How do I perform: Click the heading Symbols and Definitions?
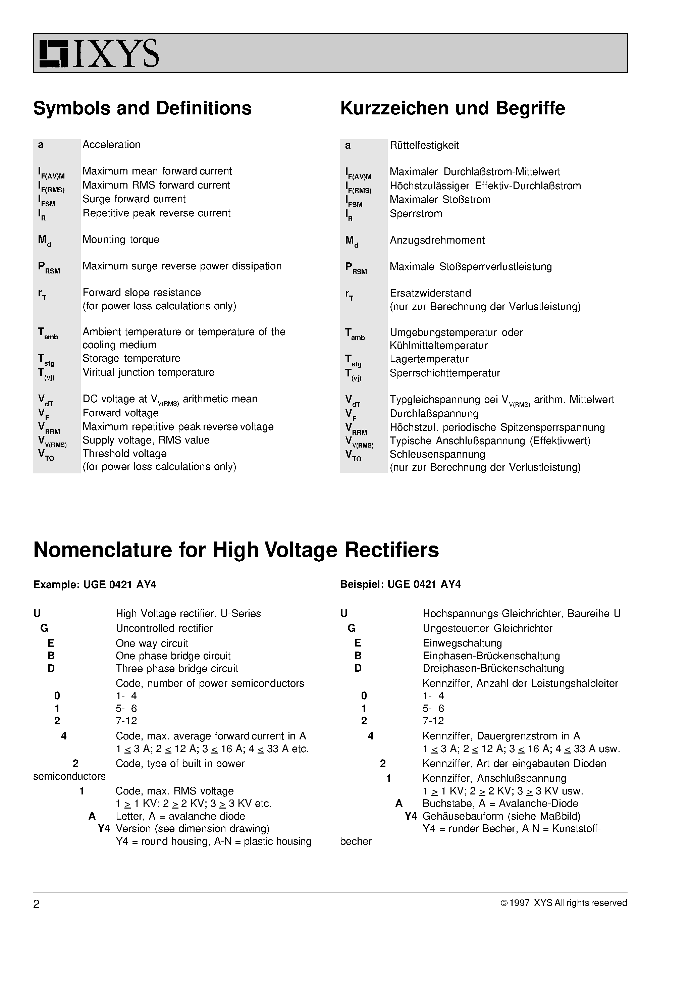point(142,108)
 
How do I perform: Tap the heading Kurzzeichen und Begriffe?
point(452,108)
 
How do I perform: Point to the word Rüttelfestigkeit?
point(424,145)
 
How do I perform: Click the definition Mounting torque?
point(120,239)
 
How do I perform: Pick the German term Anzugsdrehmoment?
point(437,240)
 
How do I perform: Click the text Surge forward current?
point(134,199)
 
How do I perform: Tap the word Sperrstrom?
point(415,214)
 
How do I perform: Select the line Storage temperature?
point(131,358)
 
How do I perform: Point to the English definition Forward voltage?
point(120,413)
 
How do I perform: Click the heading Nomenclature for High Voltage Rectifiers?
point(236,550)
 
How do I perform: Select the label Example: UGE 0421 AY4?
point(94,584)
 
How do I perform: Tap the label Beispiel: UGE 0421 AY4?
point(400,584)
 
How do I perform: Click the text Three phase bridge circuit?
point(177,668)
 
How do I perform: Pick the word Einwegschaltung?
point(462,643)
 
